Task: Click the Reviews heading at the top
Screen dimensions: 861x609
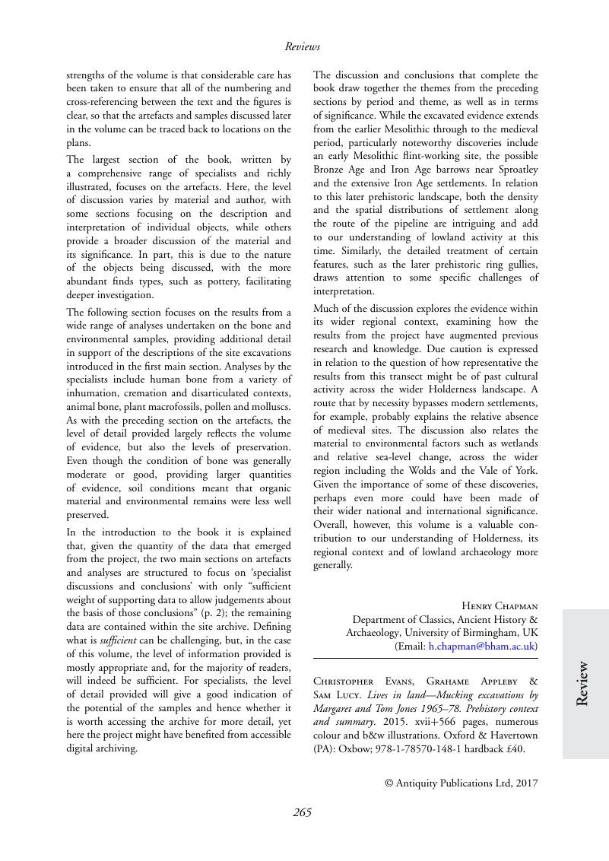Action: [302, 46]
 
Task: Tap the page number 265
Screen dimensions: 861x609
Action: [302, 812]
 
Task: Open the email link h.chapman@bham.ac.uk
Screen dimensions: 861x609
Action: [481, 647]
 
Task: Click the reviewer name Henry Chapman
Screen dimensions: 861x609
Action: [500, 606]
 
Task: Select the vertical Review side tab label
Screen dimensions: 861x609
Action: [582, 684]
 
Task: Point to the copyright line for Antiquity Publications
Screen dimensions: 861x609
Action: [462, 782]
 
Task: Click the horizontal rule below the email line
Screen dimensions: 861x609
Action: [426, 658]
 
